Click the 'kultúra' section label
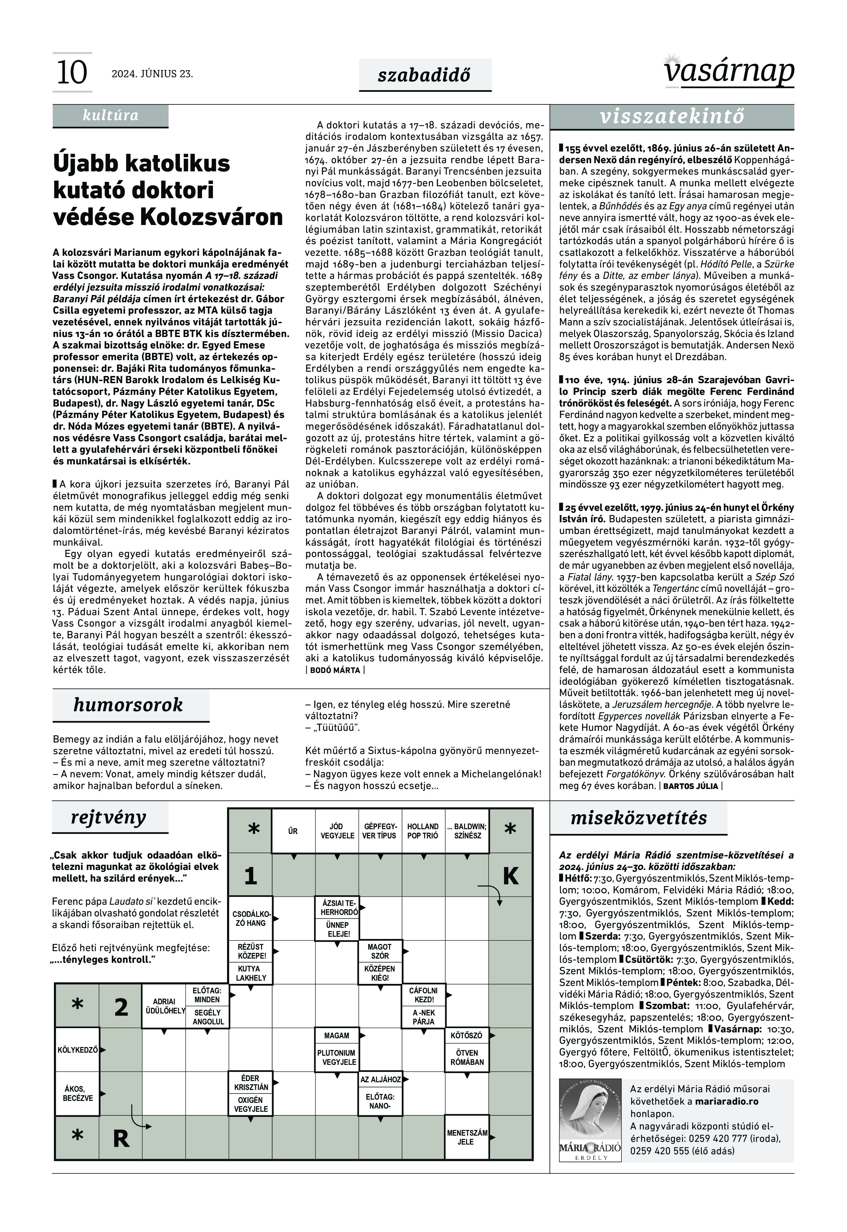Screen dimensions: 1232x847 tap(110, 115)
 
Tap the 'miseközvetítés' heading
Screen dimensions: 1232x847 tap(639, 818)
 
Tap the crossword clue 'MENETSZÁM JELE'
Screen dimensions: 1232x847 tap(467, 1137)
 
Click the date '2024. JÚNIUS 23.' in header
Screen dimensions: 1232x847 tap(152, 74)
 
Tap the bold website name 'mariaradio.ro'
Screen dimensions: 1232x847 tap(728, 1101)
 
